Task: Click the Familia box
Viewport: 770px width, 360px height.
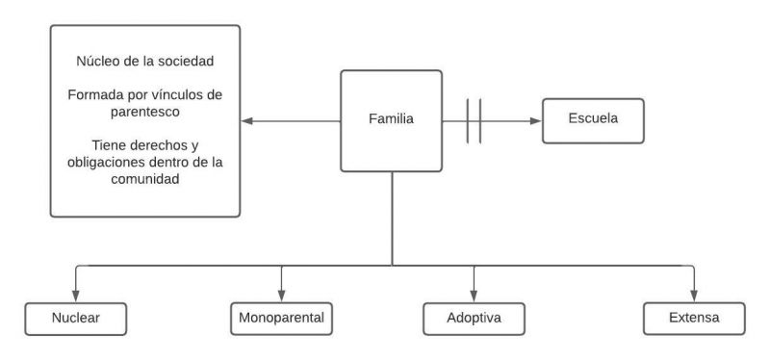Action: click(392, 121)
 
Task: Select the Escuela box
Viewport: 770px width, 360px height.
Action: click(591, 121)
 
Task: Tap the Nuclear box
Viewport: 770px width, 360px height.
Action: click(76, 317)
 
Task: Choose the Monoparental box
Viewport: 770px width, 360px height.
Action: click(281, 317)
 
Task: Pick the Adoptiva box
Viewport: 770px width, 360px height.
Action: click(473, 317)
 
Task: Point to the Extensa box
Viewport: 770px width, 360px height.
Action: click(693, 317)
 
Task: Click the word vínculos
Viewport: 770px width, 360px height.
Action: click(181, 95)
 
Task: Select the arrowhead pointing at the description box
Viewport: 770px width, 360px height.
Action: click(246, 121)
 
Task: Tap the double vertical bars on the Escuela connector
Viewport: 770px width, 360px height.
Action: click(473, 121)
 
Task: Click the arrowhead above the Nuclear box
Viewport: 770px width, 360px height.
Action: click(76, 296)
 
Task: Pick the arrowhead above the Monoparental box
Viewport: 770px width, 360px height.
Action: click(281, 296)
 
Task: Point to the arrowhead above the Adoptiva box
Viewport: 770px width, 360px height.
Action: click(473, 296)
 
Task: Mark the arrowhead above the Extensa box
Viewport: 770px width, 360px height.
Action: click(693, 296)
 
